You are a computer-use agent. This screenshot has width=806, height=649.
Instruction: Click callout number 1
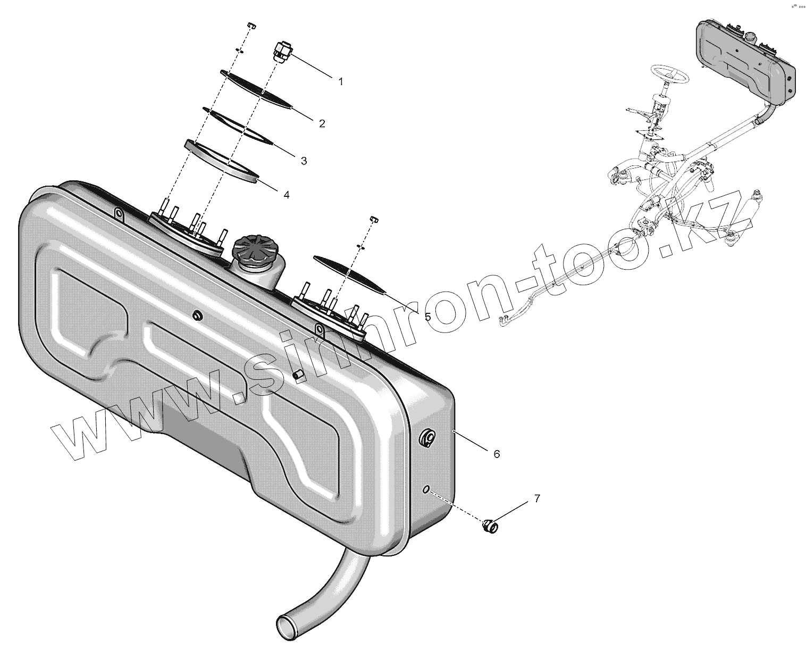point(341,82)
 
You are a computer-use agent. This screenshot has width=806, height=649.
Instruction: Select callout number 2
point(322,123)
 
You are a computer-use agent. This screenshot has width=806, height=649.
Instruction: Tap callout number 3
point(304,161)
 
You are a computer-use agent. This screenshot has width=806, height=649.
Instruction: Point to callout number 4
point(286,195)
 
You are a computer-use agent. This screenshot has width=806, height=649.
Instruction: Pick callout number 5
point(427,317)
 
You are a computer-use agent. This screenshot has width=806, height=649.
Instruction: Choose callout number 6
point(497,454)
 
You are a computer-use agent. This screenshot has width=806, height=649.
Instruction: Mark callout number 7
point(537,498)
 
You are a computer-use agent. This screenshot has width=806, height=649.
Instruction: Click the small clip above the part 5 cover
point(373,219)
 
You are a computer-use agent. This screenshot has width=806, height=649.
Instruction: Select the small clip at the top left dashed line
point(251,26)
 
